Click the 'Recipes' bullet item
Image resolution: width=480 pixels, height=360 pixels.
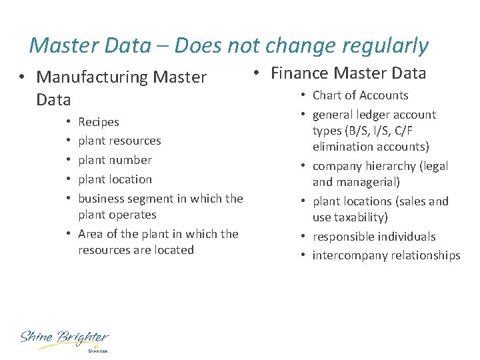[99, 122]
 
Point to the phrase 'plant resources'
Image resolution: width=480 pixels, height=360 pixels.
[119, 141]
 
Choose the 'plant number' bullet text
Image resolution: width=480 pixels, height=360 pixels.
[115, 160]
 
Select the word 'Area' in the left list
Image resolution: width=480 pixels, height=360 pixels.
[91, 233]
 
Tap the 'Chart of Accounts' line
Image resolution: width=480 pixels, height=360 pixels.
[360, 95]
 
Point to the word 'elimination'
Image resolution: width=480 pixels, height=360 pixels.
[343, 147]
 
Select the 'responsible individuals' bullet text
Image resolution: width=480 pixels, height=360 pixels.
[373, 237]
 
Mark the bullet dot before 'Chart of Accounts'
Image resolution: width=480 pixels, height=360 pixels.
[302, 95]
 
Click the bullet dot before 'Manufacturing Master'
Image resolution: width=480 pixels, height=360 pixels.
[23, 77]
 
